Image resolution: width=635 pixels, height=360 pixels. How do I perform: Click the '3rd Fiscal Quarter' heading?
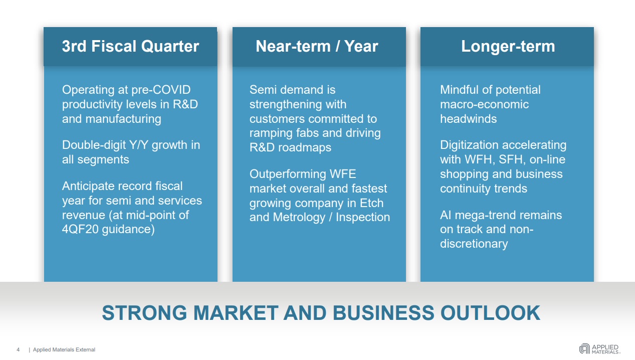click(130, 46)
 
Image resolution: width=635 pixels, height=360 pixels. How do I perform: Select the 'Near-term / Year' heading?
click(317, 46)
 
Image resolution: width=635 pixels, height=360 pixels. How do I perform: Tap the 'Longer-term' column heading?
click(508, 47)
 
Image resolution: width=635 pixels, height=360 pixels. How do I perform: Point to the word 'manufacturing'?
click(123, 119)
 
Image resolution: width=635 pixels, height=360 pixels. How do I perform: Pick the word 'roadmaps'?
click(305, 147)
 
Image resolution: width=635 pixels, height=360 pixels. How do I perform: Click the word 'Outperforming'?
click(288, 174)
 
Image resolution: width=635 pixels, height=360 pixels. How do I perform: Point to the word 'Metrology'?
click(299, 217)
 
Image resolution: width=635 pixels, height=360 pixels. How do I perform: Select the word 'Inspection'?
click(363, 217)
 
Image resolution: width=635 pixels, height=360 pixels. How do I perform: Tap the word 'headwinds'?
click(468, 119)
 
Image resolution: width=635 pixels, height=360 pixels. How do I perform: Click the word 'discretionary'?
click(474, 244)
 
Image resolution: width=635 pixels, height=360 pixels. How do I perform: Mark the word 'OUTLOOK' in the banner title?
click(490, 313)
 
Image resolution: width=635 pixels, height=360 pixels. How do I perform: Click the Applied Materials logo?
click(599, 349)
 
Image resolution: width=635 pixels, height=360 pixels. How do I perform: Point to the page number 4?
click(18, 350)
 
